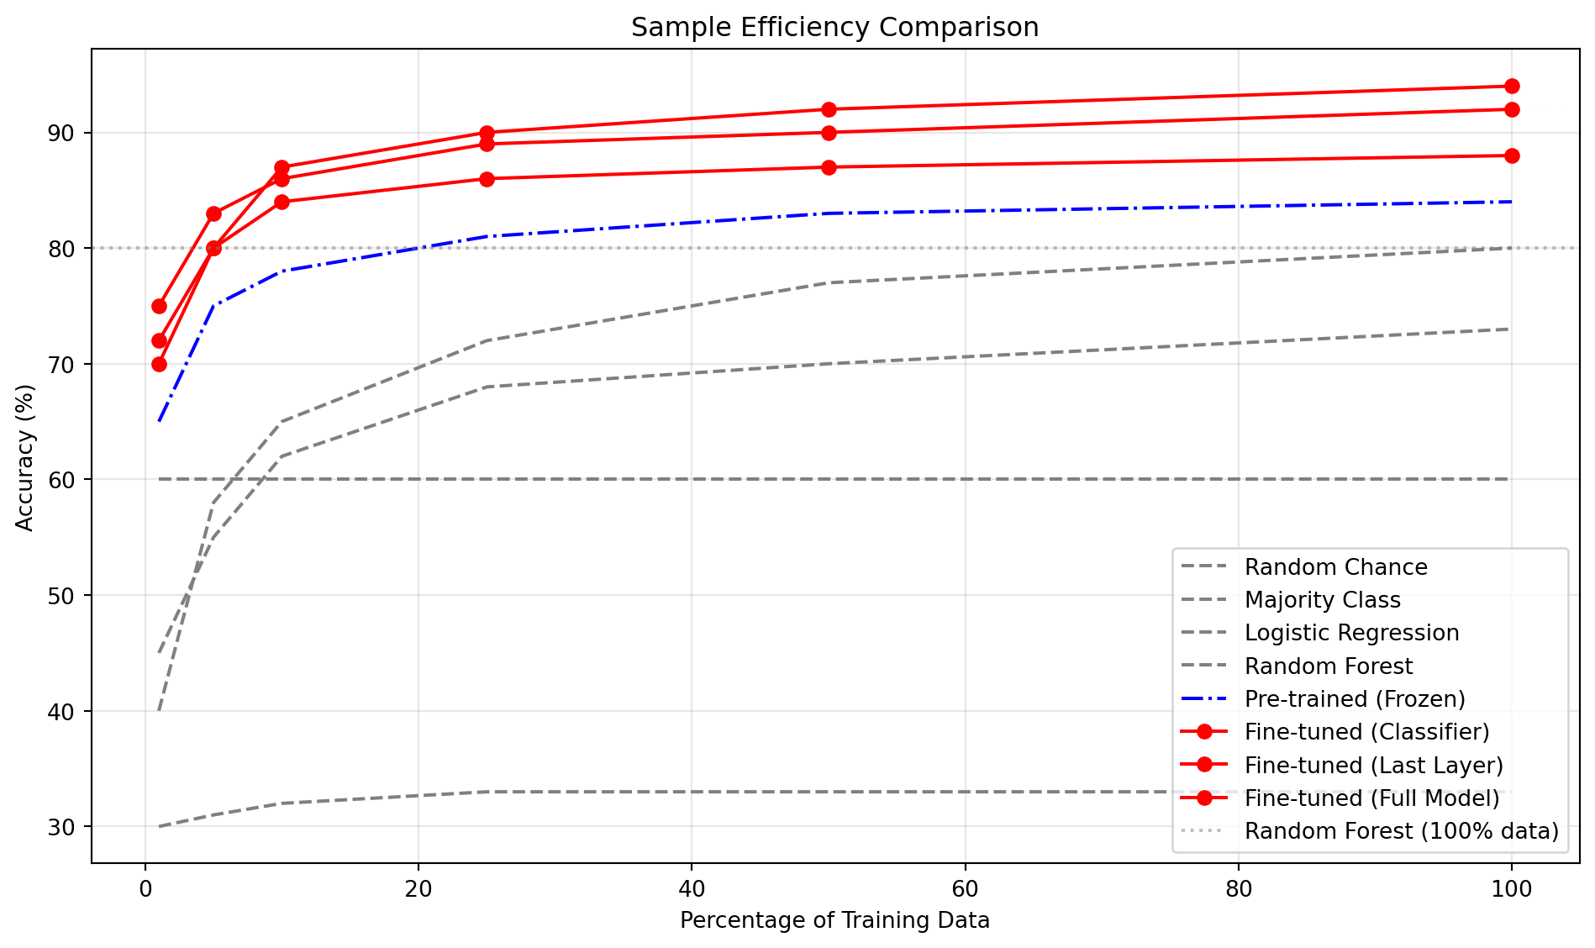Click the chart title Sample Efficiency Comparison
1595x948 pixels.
[x=834, y=28]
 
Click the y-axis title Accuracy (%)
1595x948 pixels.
[x=25, y=457]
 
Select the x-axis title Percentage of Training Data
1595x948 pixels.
[x=834, y=920]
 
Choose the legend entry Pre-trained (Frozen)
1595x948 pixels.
[x=1355, y=699]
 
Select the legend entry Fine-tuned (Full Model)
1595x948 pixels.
[x=1371, y=798]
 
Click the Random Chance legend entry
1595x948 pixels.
[x=1335, y=567]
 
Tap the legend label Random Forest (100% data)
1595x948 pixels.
[x=1401, y=831]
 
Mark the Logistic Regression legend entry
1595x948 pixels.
[x=1351, y=633]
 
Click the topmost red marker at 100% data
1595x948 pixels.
[x=1511, y=87]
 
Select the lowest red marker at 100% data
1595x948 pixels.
[x=1511, y=155]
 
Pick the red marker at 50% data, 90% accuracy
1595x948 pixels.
[x=829, y=133]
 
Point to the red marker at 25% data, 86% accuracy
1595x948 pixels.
[x=487, y=179]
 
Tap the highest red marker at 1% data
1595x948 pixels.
[x=159, y=306]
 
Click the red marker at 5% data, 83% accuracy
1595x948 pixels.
[x=213, y=213]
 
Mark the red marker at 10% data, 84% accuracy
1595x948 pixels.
[x=282, y=202]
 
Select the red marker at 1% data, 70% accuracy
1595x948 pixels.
[x=159, y=364]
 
